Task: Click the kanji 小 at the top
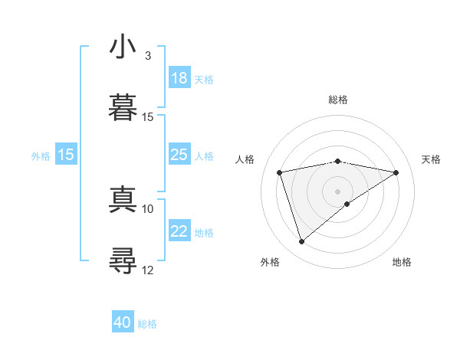click(x=123, y=47)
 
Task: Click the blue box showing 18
click(x=179, y=78)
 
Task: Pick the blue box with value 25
click(x=179, y=155)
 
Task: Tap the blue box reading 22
click(x=179, y=232)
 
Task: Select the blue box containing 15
click(x=66, y=155)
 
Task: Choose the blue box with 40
click(x=123, y=323)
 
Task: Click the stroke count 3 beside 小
click(x=147, y=55)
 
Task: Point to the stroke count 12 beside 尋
click(x=148, y=269)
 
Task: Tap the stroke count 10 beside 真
click(x=148, y=208)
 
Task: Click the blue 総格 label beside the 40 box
click(x=147, y=324)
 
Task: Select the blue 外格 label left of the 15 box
click(x=41, y=155)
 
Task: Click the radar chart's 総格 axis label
click(x=338, y=100)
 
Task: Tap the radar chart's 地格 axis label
click(x=402, y=262)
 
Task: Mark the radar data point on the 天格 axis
click(x=396, y=172)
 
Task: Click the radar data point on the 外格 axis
click(x=301, y=242)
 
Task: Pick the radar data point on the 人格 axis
click(x=280, y=172)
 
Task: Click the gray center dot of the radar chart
click(x=338, y=191)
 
